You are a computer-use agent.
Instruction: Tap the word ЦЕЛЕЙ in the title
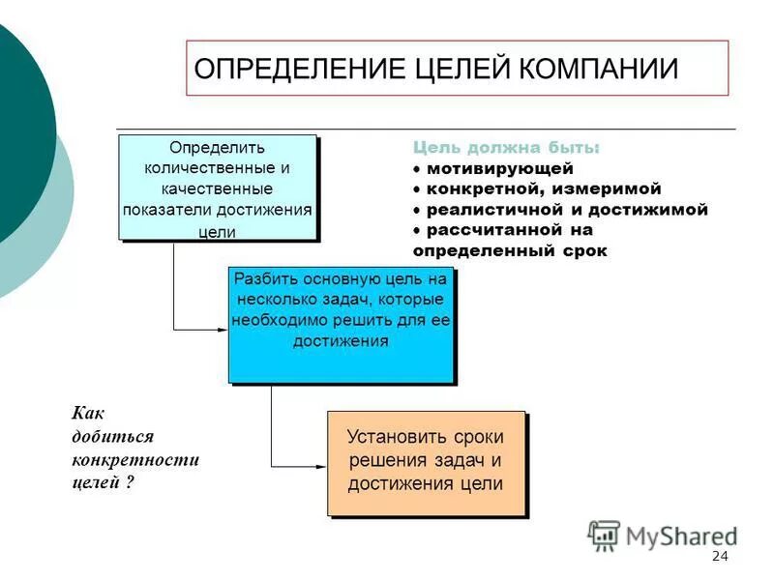(x=458, y=69)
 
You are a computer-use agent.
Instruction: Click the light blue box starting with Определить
(x=218, y=188)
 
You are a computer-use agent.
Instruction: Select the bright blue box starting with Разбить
(x=341, y=325)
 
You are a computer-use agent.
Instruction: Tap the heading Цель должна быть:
(x=506, y=148)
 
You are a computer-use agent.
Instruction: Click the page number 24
(x=719, y=556)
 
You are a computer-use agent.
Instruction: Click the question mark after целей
(x=129, y=481)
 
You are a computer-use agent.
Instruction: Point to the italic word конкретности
(x=134, y=459)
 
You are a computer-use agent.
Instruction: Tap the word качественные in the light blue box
(x=218, y=188)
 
